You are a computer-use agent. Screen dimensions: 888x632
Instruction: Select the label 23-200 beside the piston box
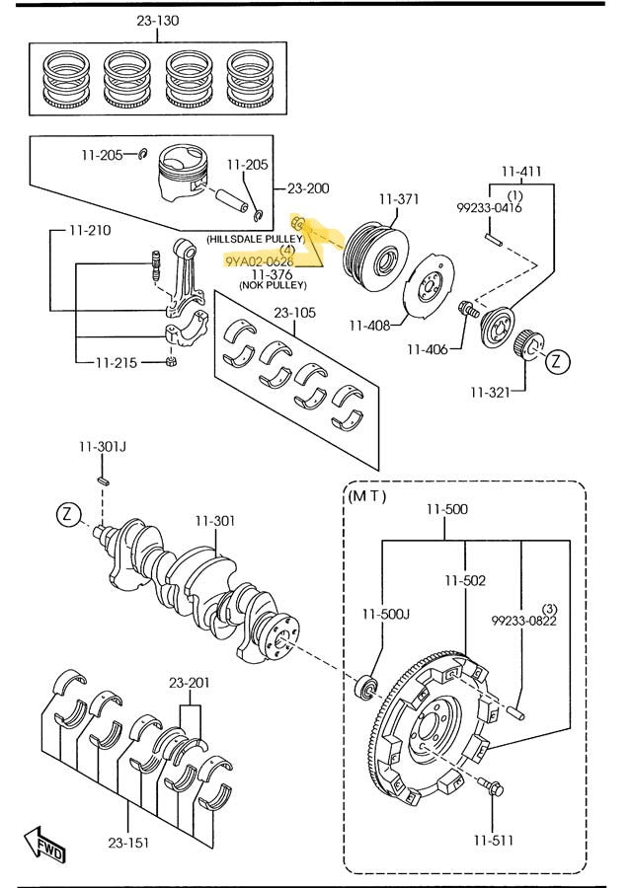(308, 188)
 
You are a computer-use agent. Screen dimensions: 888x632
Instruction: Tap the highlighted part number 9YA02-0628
(259, 261)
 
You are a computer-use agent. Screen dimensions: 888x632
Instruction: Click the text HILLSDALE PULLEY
(256, 240)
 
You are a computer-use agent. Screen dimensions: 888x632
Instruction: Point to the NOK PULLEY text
(273, 285)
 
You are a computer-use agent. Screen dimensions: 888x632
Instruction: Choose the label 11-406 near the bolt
(428, 348)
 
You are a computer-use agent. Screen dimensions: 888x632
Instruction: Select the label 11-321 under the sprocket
(491, 392)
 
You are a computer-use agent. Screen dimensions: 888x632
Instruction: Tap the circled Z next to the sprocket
(558, 361)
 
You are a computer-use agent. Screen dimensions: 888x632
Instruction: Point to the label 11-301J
(104, 447)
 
